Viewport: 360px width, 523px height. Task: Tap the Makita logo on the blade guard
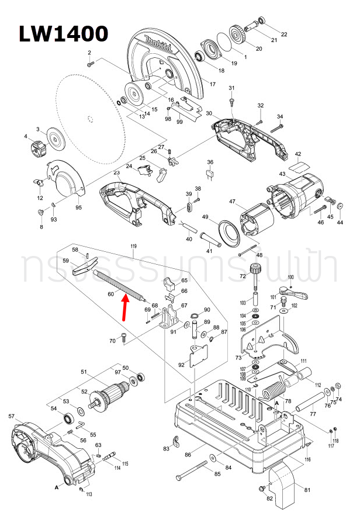tap(156, 46)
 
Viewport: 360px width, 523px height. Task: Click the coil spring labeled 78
tap(272, 388)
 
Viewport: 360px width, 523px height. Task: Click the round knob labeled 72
tap(254, 271)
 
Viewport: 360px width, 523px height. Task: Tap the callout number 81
tap(307, 490)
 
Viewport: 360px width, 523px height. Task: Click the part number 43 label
tap(282, 175)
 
